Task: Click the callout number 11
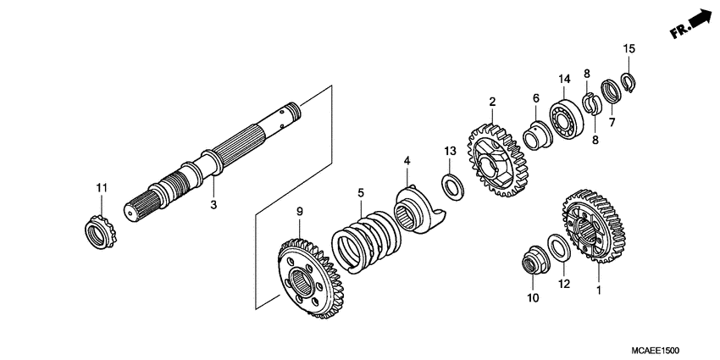pos(101,187)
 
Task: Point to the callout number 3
pos(213,204)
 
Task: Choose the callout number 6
pos(535,98)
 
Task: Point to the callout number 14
pos(564,80)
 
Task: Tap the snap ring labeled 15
pos(629,82)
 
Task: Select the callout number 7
pos(611,122)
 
